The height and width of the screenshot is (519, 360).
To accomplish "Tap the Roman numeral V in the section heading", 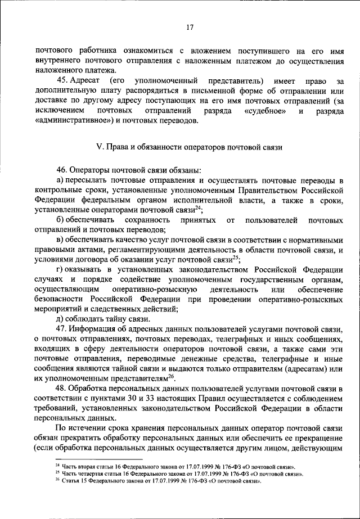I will point(100,147).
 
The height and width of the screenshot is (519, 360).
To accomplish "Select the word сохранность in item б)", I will point(147,219).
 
